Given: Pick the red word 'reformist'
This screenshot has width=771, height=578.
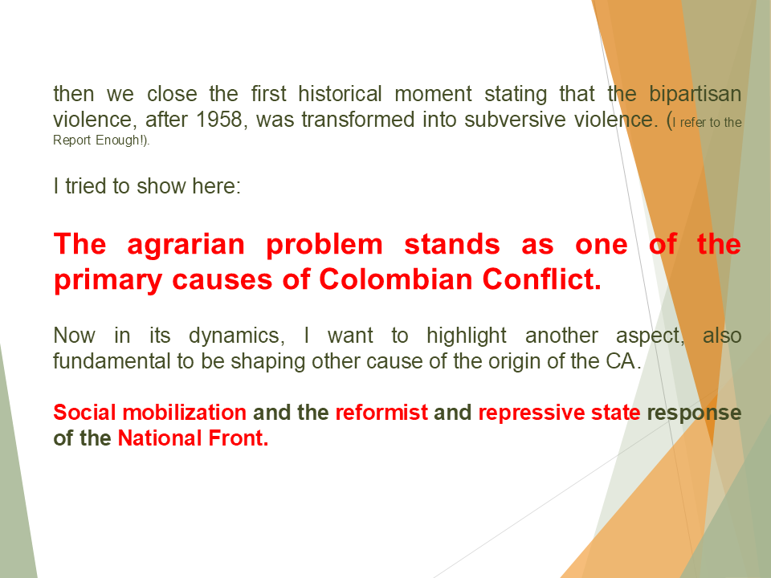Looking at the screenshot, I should (381, 413).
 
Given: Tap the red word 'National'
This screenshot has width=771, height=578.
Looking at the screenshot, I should (157, 439).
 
